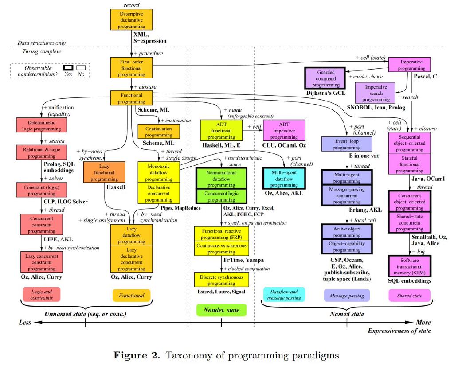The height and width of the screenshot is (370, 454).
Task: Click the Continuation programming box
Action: (159, 132)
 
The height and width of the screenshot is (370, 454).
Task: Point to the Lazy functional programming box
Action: (102, 172)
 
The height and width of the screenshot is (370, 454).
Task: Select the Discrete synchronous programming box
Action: (221, 280)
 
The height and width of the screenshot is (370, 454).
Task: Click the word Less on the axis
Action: (25, 323)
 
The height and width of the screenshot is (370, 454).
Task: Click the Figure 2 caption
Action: (227, 355)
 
